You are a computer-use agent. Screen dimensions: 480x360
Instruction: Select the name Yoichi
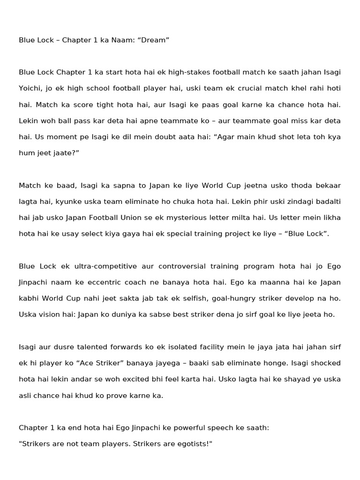30,89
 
